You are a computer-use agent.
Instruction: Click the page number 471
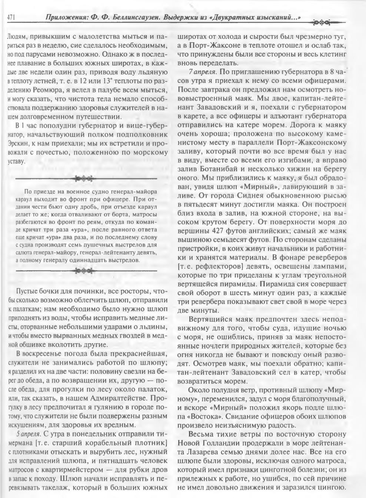[11, 17]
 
